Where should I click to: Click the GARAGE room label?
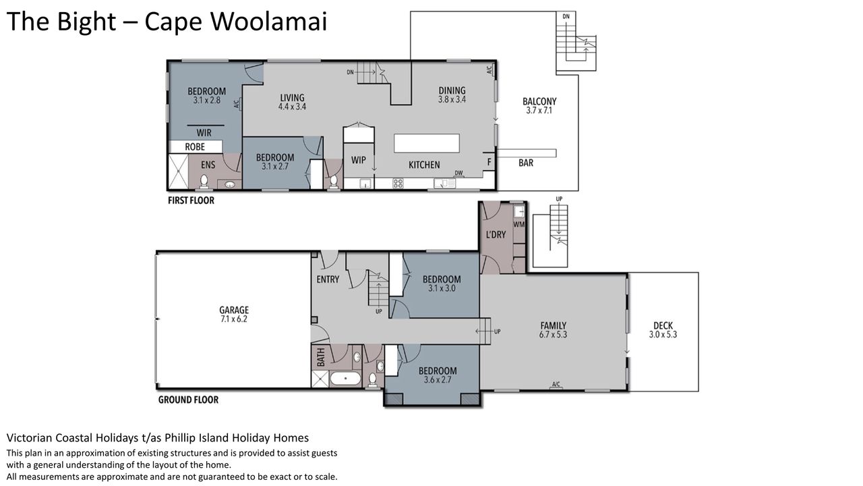click(234, 310)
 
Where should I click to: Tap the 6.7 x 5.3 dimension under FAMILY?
click(553, 334)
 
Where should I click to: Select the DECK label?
click(663, 325)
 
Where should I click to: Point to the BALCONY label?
click(539, 101)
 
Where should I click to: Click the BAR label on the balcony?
click(526, 163)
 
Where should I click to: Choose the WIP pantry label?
click(358, 160)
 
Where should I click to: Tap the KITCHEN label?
click(424, 165)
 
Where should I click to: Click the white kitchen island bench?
click(427, 143)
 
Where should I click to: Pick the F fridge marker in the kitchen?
click(489, 162)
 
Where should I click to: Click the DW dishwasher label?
click(458, 173)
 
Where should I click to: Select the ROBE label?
click(195, 147)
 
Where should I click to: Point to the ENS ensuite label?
click(208, 165)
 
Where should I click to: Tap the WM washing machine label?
click(519, 224)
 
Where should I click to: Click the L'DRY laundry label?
click(496, 234)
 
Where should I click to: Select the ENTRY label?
click(328, 279)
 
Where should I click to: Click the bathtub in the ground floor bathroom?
click(346, 379)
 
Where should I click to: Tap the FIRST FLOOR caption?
click(191, 200)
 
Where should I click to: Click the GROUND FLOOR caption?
click(188, 400)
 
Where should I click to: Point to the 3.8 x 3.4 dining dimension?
click(452, 99)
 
